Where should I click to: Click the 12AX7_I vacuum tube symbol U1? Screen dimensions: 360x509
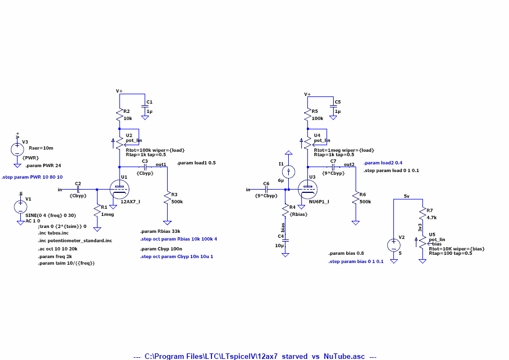(119, 190)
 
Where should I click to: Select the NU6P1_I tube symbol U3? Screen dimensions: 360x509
(308, 190)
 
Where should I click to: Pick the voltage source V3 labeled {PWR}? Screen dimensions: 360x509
(18, 149)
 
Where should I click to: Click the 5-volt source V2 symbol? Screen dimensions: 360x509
(394, 245)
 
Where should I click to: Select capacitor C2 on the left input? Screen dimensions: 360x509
(78, 190)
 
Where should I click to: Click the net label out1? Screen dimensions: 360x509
(161, 164)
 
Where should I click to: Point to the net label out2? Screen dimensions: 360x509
(349, 164)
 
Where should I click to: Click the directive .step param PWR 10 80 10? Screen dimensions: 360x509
(32, 178)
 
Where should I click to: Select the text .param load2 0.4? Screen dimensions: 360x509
(383, 163)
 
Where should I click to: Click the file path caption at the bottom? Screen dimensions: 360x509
(255, 356)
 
